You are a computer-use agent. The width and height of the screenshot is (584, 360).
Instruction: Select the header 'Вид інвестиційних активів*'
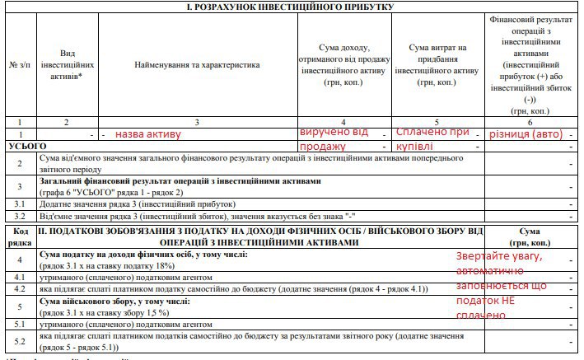[x=68, y=63]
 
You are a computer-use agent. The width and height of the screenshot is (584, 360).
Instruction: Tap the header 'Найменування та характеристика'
[x=197, y=63]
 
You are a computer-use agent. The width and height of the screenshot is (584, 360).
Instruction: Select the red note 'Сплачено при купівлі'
[x=432, y=138]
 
